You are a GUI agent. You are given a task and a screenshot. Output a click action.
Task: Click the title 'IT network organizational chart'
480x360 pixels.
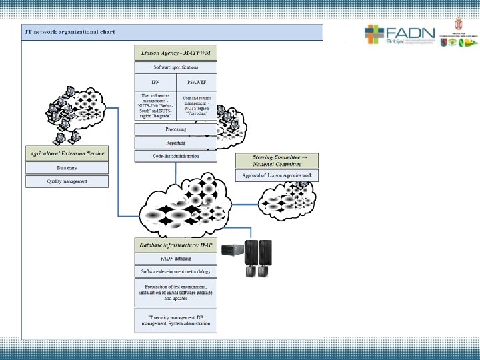point(69,32)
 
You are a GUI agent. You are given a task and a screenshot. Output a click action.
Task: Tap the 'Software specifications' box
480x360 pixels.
point(176,67)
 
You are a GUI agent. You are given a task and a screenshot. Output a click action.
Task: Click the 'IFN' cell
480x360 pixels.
point(155,83)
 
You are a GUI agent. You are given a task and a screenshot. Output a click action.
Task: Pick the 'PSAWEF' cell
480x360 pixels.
point(197,83)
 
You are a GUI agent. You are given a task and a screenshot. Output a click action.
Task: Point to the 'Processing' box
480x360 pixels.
point(176,129)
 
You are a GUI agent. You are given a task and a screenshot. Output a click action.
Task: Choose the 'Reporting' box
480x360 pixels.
point(176,143)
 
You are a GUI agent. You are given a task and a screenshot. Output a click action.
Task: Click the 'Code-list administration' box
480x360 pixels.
point(176,156)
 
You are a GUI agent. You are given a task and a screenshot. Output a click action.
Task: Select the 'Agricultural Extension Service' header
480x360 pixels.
point(67,153)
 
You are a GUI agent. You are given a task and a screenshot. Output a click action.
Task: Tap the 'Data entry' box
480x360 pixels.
point(67,168)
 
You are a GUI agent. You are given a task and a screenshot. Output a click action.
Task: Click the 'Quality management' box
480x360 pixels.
point(67,181)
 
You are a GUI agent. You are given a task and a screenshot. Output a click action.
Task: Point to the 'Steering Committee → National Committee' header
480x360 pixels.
point(277,161)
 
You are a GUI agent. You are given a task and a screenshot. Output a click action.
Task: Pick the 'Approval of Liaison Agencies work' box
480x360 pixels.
point(277,175)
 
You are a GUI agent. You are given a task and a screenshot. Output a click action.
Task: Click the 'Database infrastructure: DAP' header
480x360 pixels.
point(175,245)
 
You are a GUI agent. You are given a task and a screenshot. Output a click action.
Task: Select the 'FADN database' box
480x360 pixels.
point(175,259)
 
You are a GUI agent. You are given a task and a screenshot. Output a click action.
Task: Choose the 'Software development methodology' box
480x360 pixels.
point(175,271)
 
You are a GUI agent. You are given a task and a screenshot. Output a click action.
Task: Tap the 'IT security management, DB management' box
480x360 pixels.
point(175,320)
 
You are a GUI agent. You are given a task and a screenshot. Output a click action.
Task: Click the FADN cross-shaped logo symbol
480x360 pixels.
point(374,35)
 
